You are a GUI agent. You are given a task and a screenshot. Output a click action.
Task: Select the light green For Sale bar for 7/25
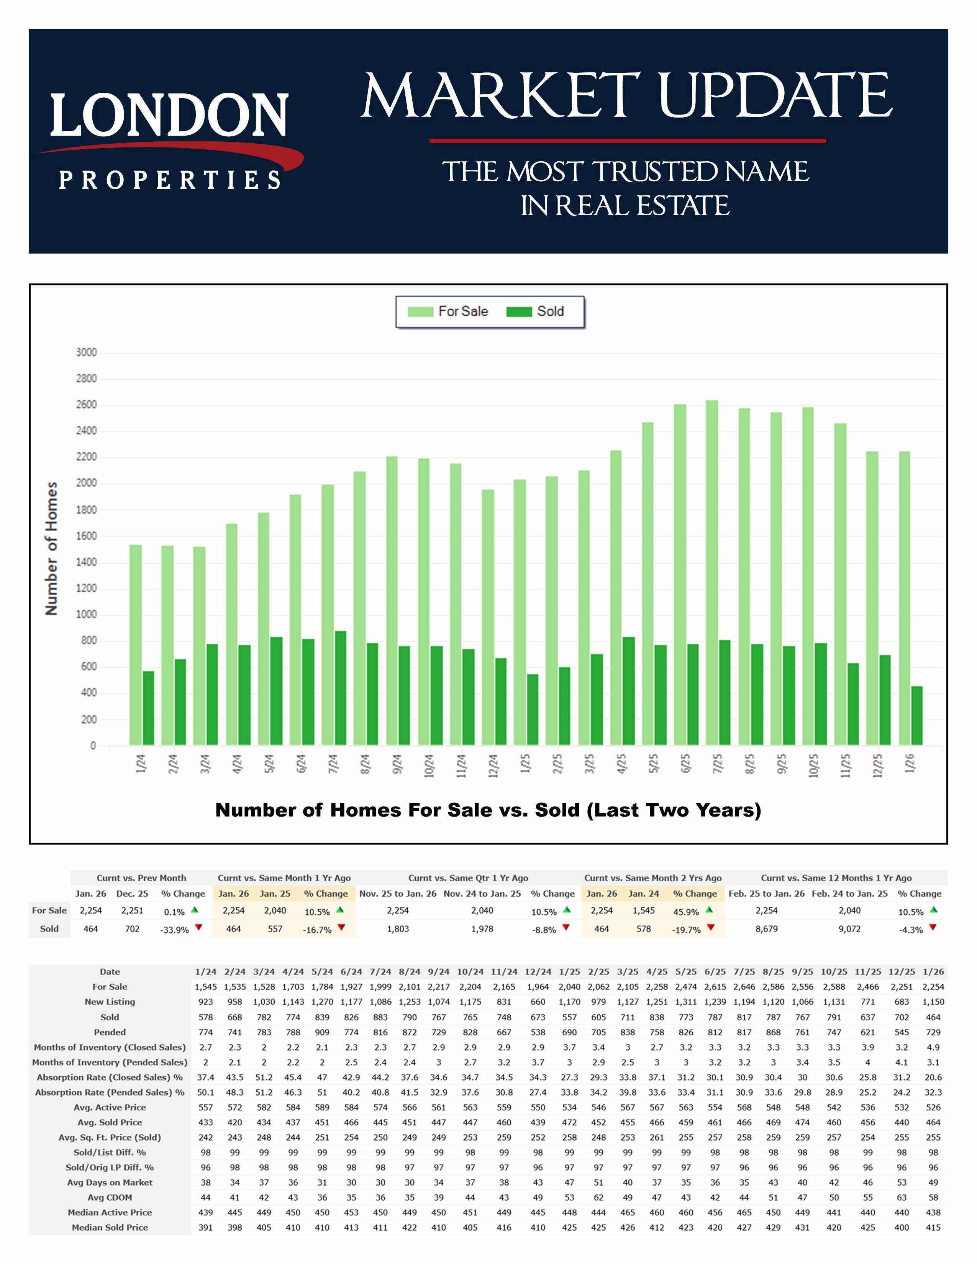tap(712, 573)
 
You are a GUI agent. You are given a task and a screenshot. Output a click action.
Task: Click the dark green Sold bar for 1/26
tap(917, 716)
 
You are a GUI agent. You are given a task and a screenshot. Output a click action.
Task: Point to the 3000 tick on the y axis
tap(86, 352)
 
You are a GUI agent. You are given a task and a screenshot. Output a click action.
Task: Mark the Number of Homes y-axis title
tap(51, 548)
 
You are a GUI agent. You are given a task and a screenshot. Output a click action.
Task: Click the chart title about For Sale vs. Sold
tap(488, 810)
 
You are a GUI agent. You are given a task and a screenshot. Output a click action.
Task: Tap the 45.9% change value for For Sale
tap(686, 912)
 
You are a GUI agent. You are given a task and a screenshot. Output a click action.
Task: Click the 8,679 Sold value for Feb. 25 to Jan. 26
tap(766, 929)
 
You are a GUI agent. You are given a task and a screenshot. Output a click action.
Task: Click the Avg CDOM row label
tap(110, 1197)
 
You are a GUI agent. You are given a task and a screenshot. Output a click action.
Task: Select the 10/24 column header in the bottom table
tap(470, 972)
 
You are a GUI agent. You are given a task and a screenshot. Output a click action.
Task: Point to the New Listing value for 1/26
tap(933, 1002)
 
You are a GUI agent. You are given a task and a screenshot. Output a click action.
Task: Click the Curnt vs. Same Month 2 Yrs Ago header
tap(652, 878)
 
